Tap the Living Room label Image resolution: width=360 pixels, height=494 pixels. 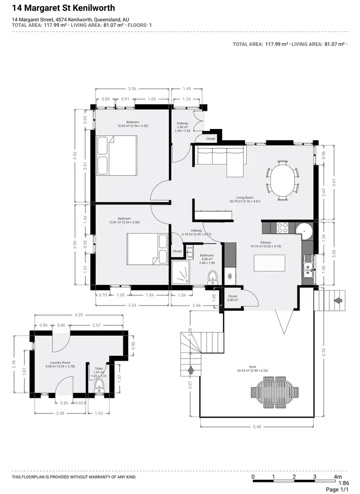(x=245, y=198)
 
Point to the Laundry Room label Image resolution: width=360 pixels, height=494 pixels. (x=60, y=363)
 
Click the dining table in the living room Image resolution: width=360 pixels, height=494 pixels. (x=283, y=180)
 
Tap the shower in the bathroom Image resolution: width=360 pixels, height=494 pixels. (x=180, y=274)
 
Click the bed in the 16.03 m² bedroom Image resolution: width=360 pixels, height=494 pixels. (x=117, y=155)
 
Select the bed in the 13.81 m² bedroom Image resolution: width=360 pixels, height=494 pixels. (x=147, y=249)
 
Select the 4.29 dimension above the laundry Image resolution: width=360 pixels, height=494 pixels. (x=79, y=315)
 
